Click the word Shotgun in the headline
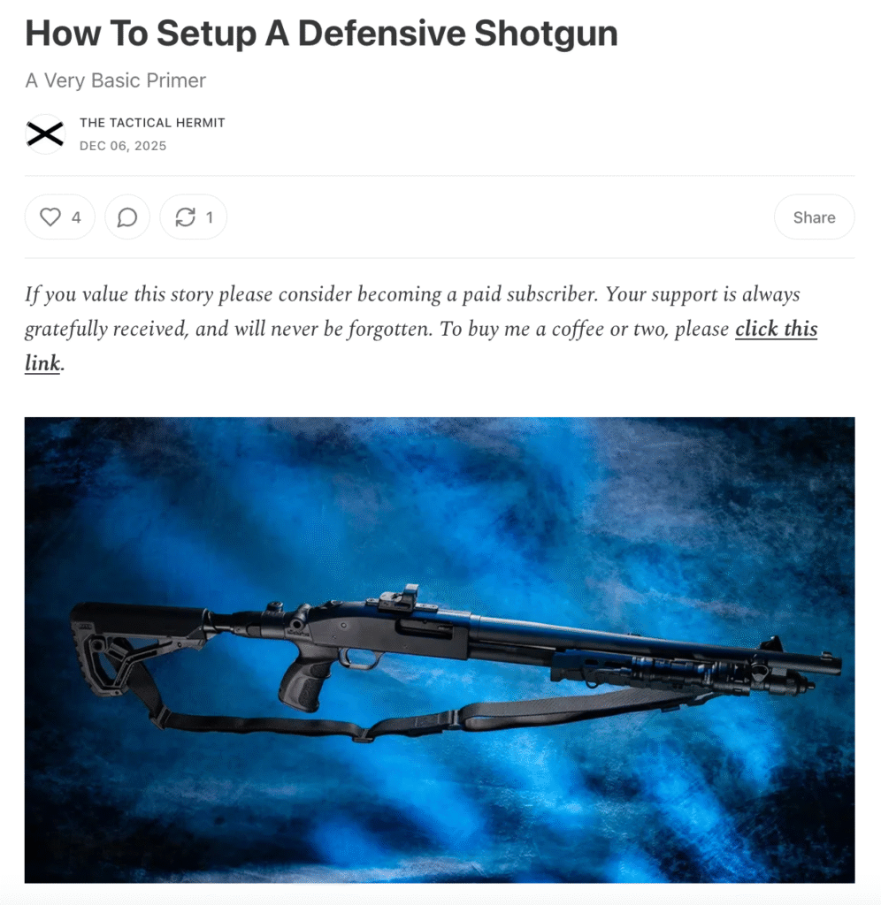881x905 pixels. tap(546, 34)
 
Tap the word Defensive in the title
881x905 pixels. tap(382, 33)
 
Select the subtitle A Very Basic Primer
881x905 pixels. tap(116, 80)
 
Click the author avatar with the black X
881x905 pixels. tap(45, 134)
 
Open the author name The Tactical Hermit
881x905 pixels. tap(152, 122)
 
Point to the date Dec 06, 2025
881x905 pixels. tap(123, 146)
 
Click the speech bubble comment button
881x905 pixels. tap(127, 217)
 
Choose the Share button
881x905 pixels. tap(814, 217)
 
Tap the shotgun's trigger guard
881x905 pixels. tap(359, 659)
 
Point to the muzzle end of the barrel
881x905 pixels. tap(835, 666)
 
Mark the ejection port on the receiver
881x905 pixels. tap(423, 628)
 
